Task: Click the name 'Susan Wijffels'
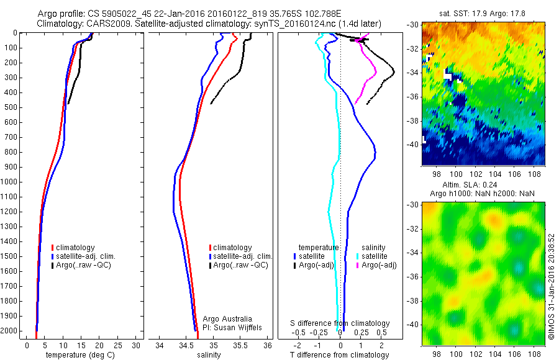pos(230,327)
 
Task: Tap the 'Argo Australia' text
pos(227,318)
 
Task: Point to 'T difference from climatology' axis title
pos(340,355)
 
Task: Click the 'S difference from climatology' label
pos(340,323)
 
